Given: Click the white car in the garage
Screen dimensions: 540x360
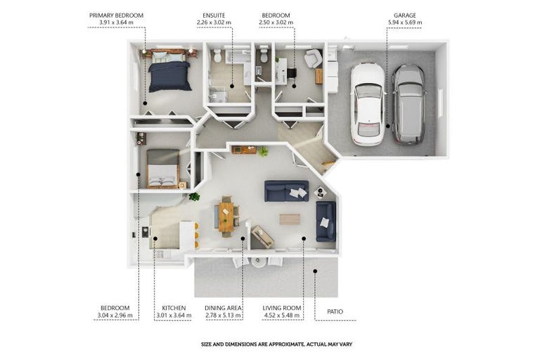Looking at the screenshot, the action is (368, 104).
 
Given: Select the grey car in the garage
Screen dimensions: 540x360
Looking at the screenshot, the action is (410, 104).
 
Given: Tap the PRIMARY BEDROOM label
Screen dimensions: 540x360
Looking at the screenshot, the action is (116, 15).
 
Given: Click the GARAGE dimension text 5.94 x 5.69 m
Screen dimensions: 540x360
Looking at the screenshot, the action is (405, 22).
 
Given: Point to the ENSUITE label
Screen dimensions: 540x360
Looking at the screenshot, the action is (214, 15).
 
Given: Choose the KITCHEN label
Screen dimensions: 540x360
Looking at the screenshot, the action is (174, 308).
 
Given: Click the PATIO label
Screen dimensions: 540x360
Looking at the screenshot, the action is (335, 311).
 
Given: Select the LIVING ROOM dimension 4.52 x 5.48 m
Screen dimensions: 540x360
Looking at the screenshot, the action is (282, 316).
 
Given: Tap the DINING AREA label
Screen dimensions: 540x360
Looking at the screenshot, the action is (223, 308).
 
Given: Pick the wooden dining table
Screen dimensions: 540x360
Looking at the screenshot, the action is (226, 217).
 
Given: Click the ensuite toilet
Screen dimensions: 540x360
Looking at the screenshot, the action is (217, 56).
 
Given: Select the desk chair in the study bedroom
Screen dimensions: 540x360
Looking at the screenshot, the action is (291, 72).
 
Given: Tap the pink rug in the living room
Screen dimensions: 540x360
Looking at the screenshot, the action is (290, 219).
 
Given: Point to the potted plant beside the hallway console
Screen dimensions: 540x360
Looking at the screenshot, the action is (263, 151).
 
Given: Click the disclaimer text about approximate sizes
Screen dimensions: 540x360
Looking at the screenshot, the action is (276, 344).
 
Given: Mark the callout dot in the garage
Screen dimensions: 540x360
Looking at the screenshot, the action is (388, 126).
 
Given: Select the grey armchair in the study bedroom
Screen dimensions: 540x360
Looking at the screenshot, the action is (313, 58).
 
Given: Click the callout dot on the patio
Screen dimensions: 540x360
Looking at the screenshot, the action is (315, 271).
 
